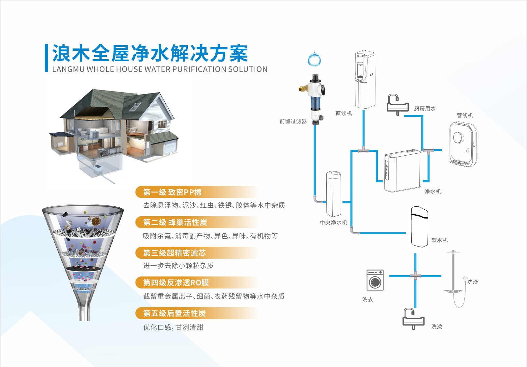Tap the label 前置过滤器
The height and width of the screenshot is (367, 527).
[x=293, y=121]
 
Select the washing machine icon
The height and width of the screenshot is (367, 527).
[x=375, y=280]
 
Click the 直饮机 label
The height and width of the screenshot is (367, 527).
[x=344, y=113]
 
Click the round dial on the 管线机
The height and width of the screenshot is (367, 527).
[x=458, y=137]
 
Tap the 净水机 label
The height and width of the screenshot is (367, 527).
[x=433, y=191]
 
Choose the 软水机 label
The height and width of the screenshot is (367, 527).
[x=440, y=240]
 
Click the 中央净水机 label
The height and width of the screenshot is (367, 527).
[x=333, y=223]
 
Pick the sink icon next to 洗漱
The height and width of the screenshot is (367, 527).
[x=413, y=319]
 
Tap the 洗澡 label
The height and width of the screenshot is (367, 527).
[x=473, y=282]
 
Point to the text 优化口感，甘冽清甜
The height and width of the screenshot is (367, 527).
[x=173, y=327]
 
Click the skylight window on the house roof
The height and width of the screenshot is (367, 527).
[x=135, y=107]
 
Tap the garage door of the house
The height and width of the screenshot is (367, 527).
[x=170, y=147]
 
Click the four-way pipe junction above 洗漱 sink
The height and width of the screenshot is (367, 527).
[x=415, y=276]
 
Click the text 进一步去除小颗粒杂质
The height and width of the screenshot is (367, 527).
[x=178, y=266]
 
